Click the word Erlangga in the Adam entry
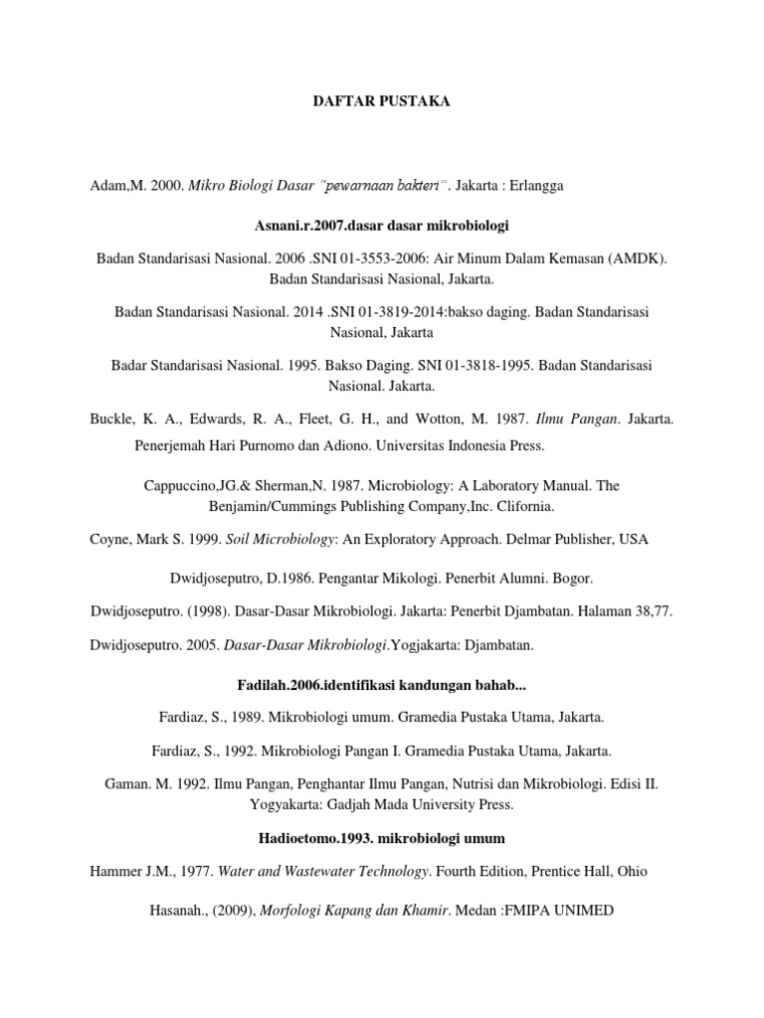(x=538, y=186)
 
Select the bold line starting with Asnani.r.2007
(x=382, y=227)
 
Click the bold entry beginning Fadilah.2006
(x=382, y=683)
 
